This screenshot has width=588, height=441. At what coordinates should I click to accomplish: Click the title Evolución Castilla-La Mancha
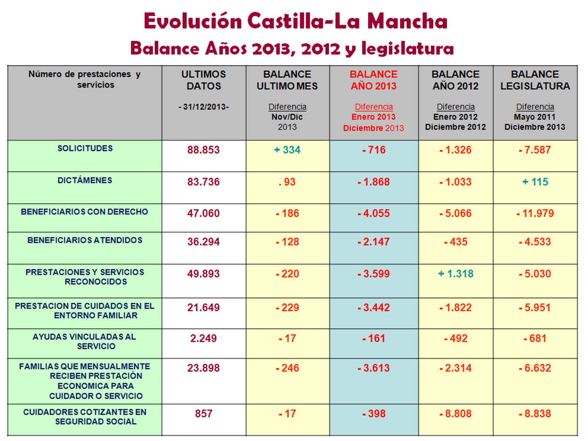(x=295, y=21)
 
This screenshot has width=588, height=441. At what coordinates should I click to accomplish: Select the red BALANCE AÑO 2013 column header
(x=373, y=80)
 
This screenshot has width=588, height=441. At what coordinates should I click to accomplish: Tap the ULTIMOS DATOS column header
(x=204, y=80)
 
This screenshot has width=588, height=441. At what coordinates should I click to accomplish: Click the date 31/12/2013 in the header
(x=204, y=107)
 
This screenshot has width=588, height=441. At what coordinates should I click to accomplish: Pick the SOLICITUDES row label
(x=85, y=148)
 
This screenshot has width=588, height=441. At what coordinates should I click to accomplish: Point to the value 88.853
(x=203, y=150)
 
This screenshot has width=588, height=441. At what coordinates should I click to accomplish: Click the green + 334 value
(x=287, y=150)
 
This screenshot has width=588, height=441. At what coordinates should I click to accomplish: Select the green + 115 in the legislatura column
(x=535, y=182)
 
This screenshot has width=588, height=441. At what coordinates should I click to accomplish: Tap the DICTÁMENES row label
(x=85, y=180)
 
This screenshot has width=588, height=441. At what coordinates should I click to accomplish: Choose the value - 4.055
(x=374, y=214)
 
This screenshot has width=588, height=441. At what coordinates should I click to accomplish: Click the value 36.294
(x=203, y=242)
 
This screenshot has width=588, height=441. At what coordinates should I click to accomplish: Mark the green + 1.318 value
(x=456, y=274)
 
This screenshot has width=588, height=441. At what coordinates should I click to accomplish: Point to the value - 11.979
(x=535, y=214)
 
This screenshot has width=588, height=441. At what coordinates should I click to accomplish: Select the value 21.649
(x=203, y=308)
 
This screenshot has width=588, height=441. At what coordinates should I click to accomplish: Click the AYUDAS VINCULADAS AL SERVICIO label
(x=85, y=341)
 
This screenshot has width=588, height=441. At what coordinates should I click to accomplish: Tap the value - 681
(x=535, y=338)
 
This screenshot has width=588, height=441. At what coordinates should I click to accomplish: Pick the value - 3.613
(x=374, y=368)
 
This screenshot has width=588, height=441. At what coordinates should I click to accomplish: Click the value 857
(x=203, y=414)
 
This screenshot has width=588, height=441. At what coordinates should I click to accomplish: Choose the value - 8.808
(x=456, y=414)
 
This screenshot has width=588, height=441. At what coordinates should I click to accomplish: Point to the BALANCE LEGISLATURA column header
(x=535, y=80)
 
